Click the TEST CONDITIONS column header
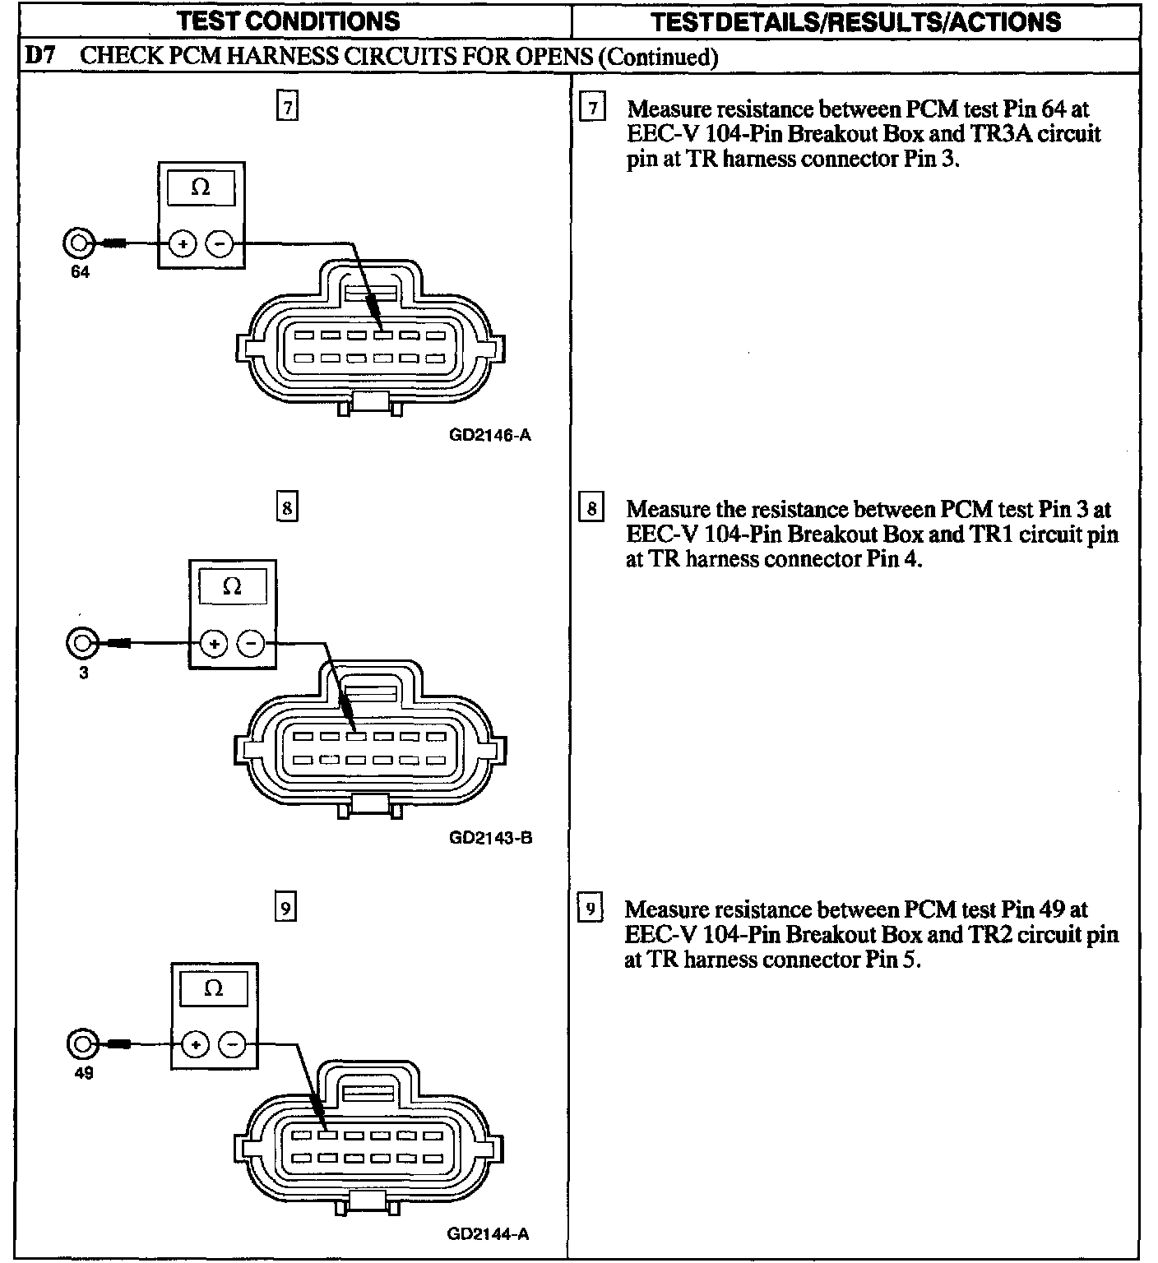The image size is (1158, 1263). (289, 21)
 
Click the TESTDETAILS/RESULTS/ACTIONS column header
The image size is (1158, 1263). (855, 21)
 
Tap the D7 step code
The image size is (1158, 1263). (39, 56)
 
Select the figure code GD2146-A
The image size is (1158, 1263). (490, 435)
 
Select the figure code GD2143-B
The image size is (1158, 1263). (490, 838)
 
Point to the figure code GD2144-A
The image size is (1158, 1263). (489, 1233)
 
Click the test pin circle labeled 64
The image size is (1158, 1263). (78, 243)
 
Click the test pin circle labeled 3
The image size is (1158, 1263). (81, 643)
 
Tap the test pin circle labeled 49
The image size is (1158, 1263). (82, 1044)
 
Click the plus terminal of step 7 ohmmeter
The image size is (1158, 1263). (183, 244)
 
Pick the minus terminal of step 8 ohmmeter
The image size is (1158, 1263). (251, 644)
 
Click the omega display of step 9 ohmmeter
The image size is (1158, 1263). (213, 988)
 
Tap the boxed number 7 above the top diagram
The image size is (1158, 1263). (287, 108)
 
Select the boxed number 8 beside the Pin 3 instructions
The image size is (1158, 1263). (591, 508)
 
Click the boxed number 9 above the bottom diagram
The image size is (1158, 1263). (285, 908)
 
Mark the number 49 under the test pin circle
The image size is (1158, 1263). (83, 1072)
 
